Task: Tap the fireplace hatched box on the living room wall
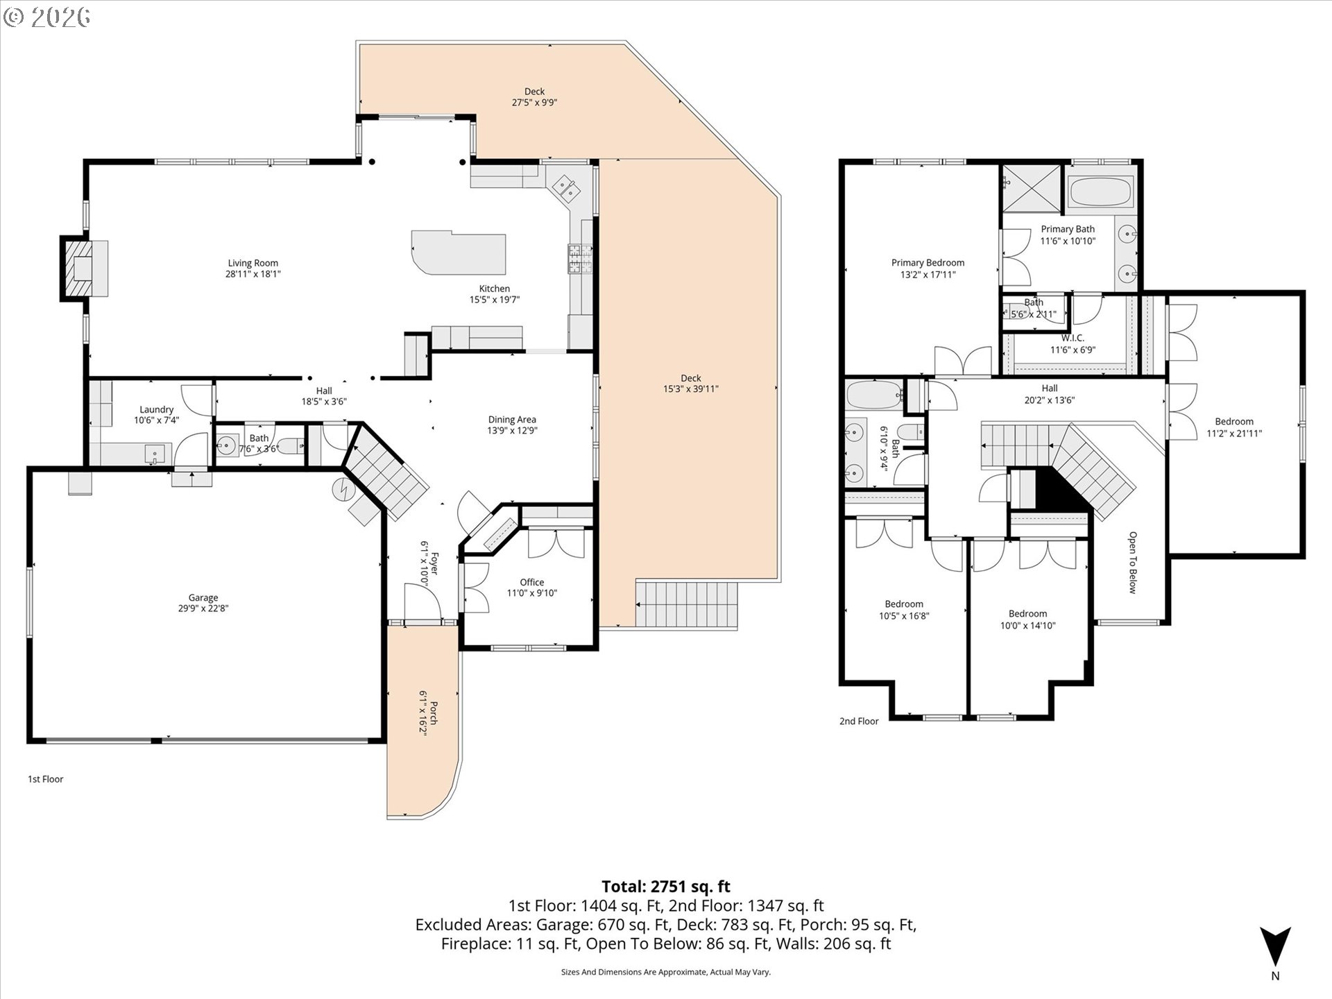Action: coord(76,268)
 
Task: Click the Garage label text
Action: coord(203,597)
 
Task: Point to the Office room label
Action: coord(532,582)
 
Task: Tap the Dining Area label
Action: coord(512,419)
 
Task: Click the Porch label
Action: coord(434,712)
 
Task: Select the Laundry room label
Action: coord(156,409)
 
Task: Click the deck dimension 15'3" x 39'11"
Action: coord(691,389)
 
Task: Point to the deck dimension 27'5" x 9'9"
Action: coord(535,103)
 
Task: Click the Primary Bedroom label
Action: coord(928,262)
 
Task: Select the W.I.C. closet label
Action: coord(1073,338)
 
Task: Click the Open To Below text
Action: coord(1132,563)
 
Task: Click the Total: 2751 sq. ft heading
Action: coord(666,886)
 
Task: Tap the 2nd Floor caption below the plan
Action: coord(859,721)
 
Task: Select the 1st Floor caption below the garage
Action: coord(46,779)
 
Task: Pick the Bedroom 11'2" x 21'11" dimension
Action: coord(1234,434)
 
